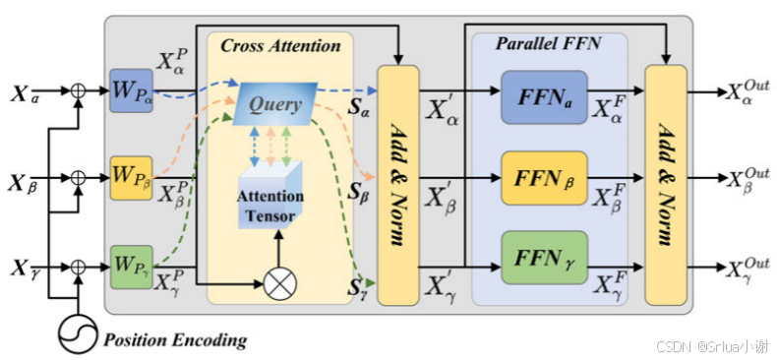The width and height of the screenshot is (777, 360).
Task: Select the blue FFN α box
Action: coord(543,95)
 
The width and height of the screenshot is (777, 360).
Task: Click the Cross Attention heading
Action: coord(280,45)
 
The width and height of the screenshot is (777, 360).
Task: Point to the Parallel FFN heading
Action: coord(549,45)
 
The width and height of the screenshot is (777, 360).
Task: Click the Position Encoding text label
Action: coord(176,341)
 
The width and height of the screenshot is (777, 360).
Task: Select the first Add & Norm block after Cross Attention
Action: coord(398,183)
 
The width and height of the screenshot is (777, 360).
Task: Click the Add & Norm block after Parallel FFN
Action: coord(665,183)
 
